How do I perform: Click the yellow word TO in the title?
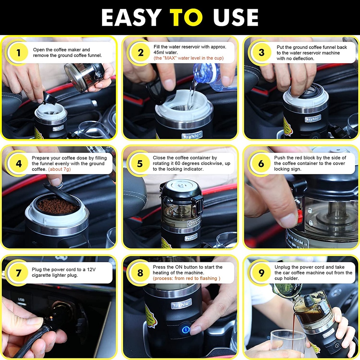(x=186, y=18)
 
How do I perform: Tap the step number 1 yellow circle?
(x=18, y=53)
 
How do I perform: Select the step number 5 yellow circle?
(x=140, y=164)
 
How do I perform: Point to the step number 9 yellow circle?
(x=261, y=273)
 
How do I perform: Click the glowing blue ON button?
(x=186, y=330)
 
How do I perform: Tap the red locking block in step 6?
(x=300, y=216)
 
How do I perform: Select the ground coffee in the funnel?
(x=57, y=206)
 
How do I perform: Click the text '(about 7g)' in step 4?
(x=59, y=169)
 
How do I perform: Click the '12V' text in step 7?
(x=91, y=269)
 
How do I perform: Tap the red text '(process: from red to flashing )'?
(x=186, y=278)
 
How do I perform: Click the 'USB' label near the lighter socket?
(x=21, y=300)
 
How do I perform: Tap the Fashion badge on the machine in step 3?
(x=313, y=119)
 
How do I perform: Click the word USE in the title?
(x=236, y=18)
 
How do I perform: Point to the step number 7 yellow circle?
(x=18, y=273)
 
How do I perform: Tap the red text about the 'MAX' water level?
(x=188, y=58)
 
